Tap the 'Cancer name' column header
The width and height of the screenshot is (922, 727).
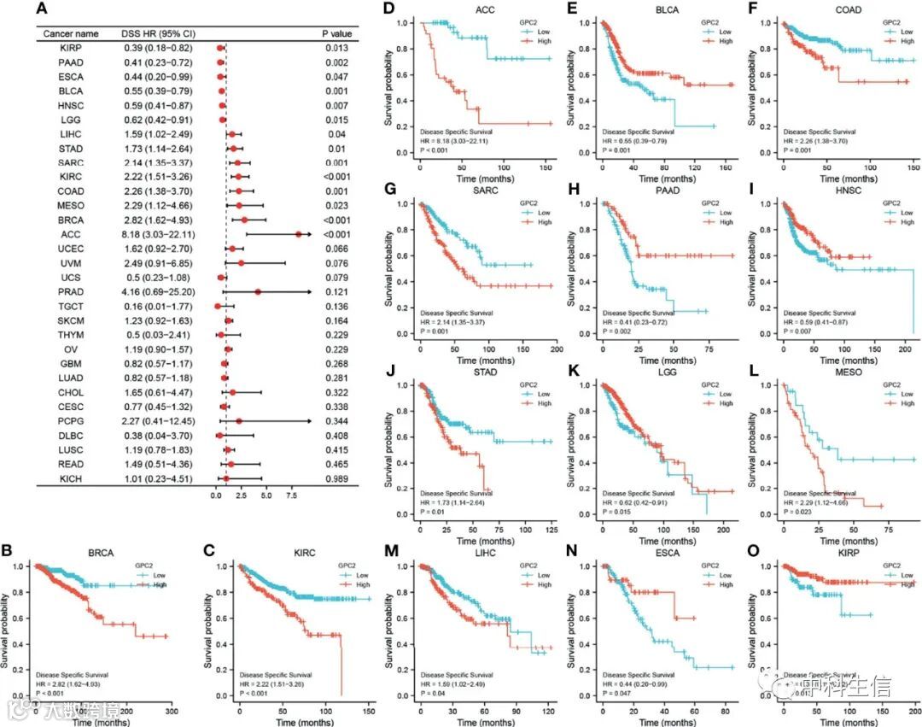tap(71, 33)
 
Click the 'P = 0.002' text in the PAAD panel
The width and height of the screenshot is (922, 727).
tap(620, 330)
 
